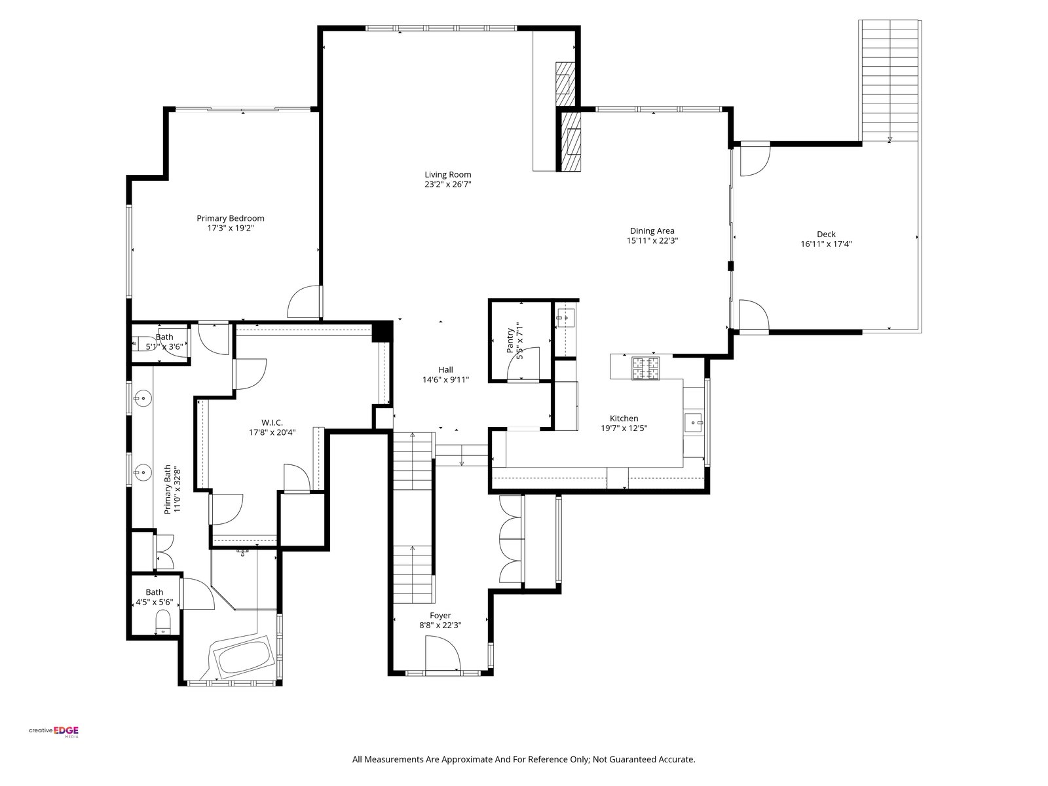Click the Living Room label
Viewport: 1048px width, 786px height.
click(x=447, y=175)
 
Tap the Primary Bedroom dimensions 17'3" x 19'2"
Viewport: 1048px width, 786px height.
click(x=230, y=228)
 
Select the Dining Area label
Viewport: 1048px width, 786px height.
click(x=652, y=231)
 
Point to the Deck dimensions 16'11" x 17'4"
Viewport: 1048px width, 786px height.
click(x=826, y=244)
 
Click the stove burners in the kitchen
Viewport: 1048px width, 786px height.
click(x=646, y=368)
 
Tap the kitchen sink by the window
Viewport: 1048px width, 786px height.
click(x=693, y=422)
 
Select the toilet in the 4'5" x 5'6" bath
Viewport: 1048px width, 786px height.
click(x=163, y=622)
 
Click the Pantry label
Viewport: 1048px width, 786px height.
click(x=510, y=340)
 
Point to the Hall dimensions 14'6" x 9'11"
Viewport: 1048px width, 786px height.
click(x=445, y=380)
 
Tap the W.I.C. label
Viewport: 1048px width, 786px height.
click(x=272, y=422)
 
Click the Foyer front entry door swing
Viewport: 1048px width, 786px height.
click(x=443, y=653)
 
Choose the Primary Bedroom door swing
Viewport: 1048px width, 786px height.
click(x=304, y=301)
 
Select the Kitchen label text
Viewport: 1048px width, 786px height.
click(x=624, y=419)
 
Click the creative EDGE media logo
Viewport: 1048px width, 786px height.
click(x=54, y=732)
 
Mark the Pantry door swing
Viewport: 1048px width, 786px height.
click(x=523, y=364)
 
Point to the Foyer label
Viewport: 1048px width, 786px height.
click(x=440, y=615)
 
